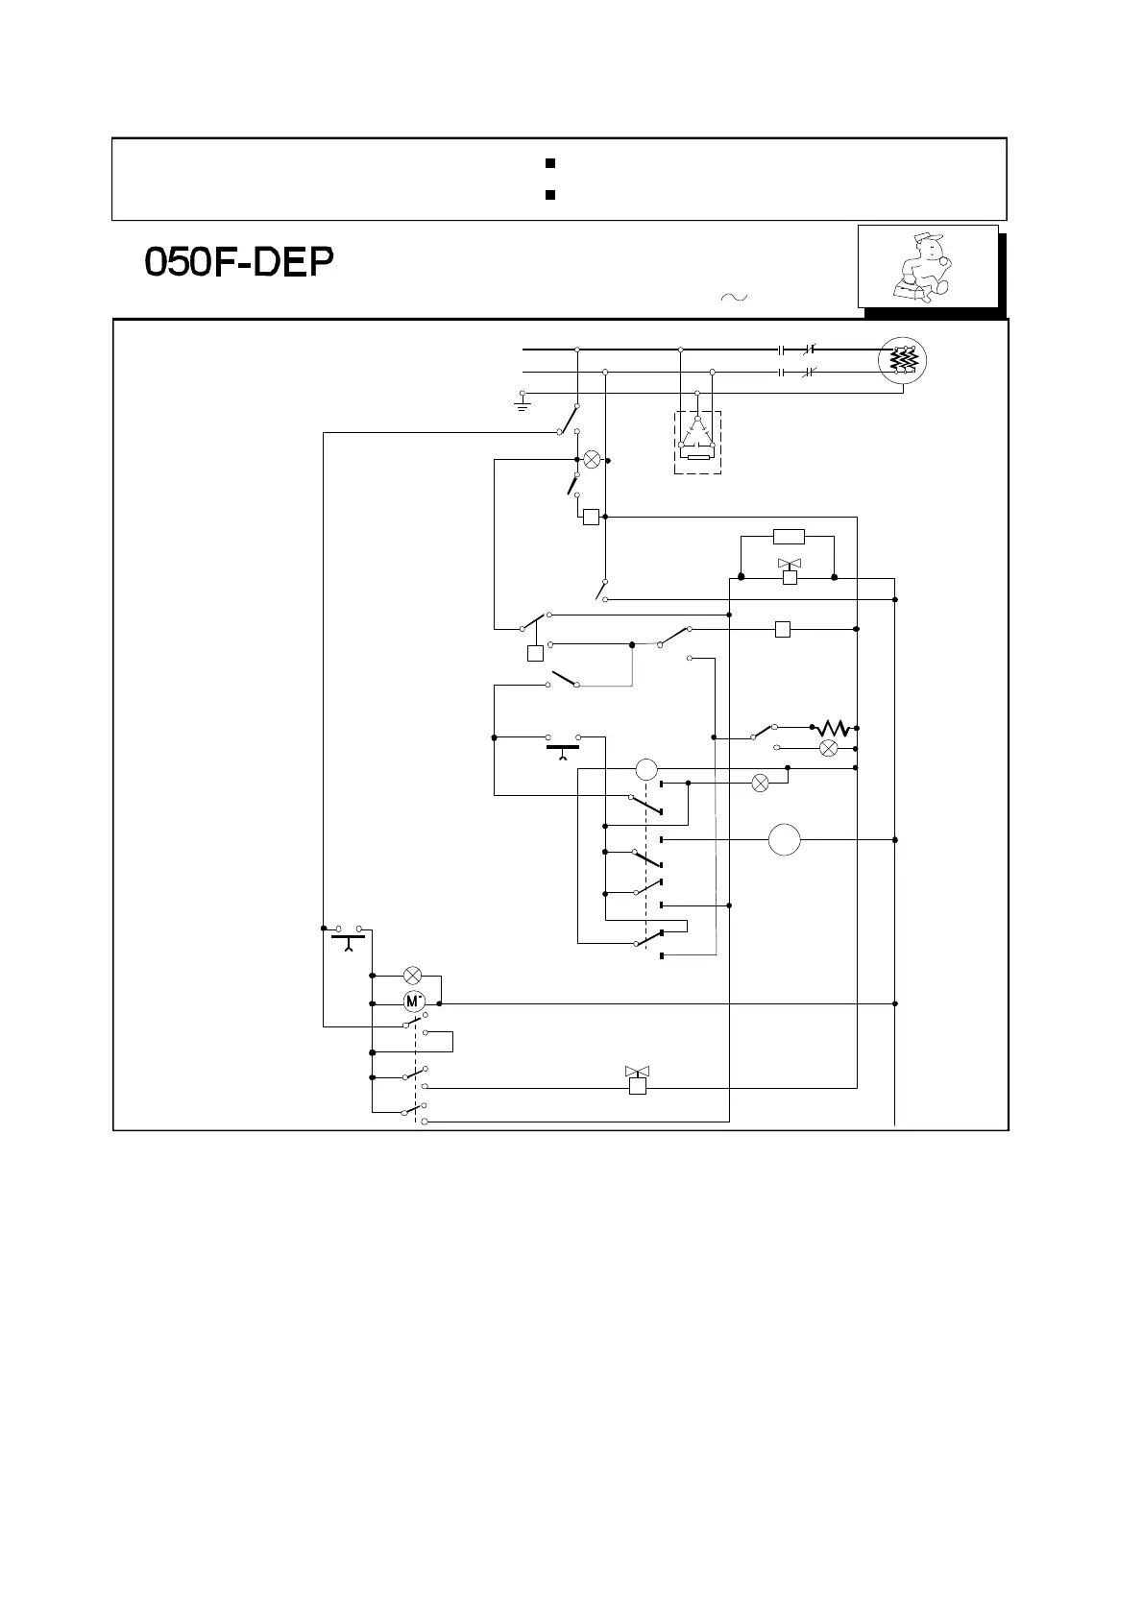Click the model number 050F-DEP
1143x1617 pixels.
pos(239,264)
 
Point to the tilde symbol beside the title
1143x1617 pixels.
pos(732,298)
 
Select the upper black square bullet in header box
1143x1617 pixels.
pos(550,163)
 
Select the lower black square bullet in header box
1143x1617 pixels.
pos(550,195)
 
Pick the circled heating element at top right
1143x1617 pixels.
pos(902,360)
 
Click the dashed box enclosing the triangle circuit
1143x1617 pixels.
pos(698,443)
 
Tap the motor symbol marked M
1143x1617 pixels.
pos(414,1002)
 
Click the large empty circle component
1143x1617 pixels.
pos(785,840)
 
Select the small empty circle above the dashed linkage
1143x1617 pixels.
pos(646,768)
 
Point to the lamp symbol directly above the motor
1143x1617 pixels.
pos(413,975)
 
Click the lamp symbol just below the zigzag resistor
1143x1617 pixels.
pos(827,747)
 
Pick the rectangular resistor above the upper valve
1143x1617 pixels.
pos(789,537)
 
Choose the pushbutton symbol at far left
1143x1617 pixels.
pos(348,936)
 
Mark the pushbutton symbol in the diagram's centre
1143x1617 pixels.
pos(563,746)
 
